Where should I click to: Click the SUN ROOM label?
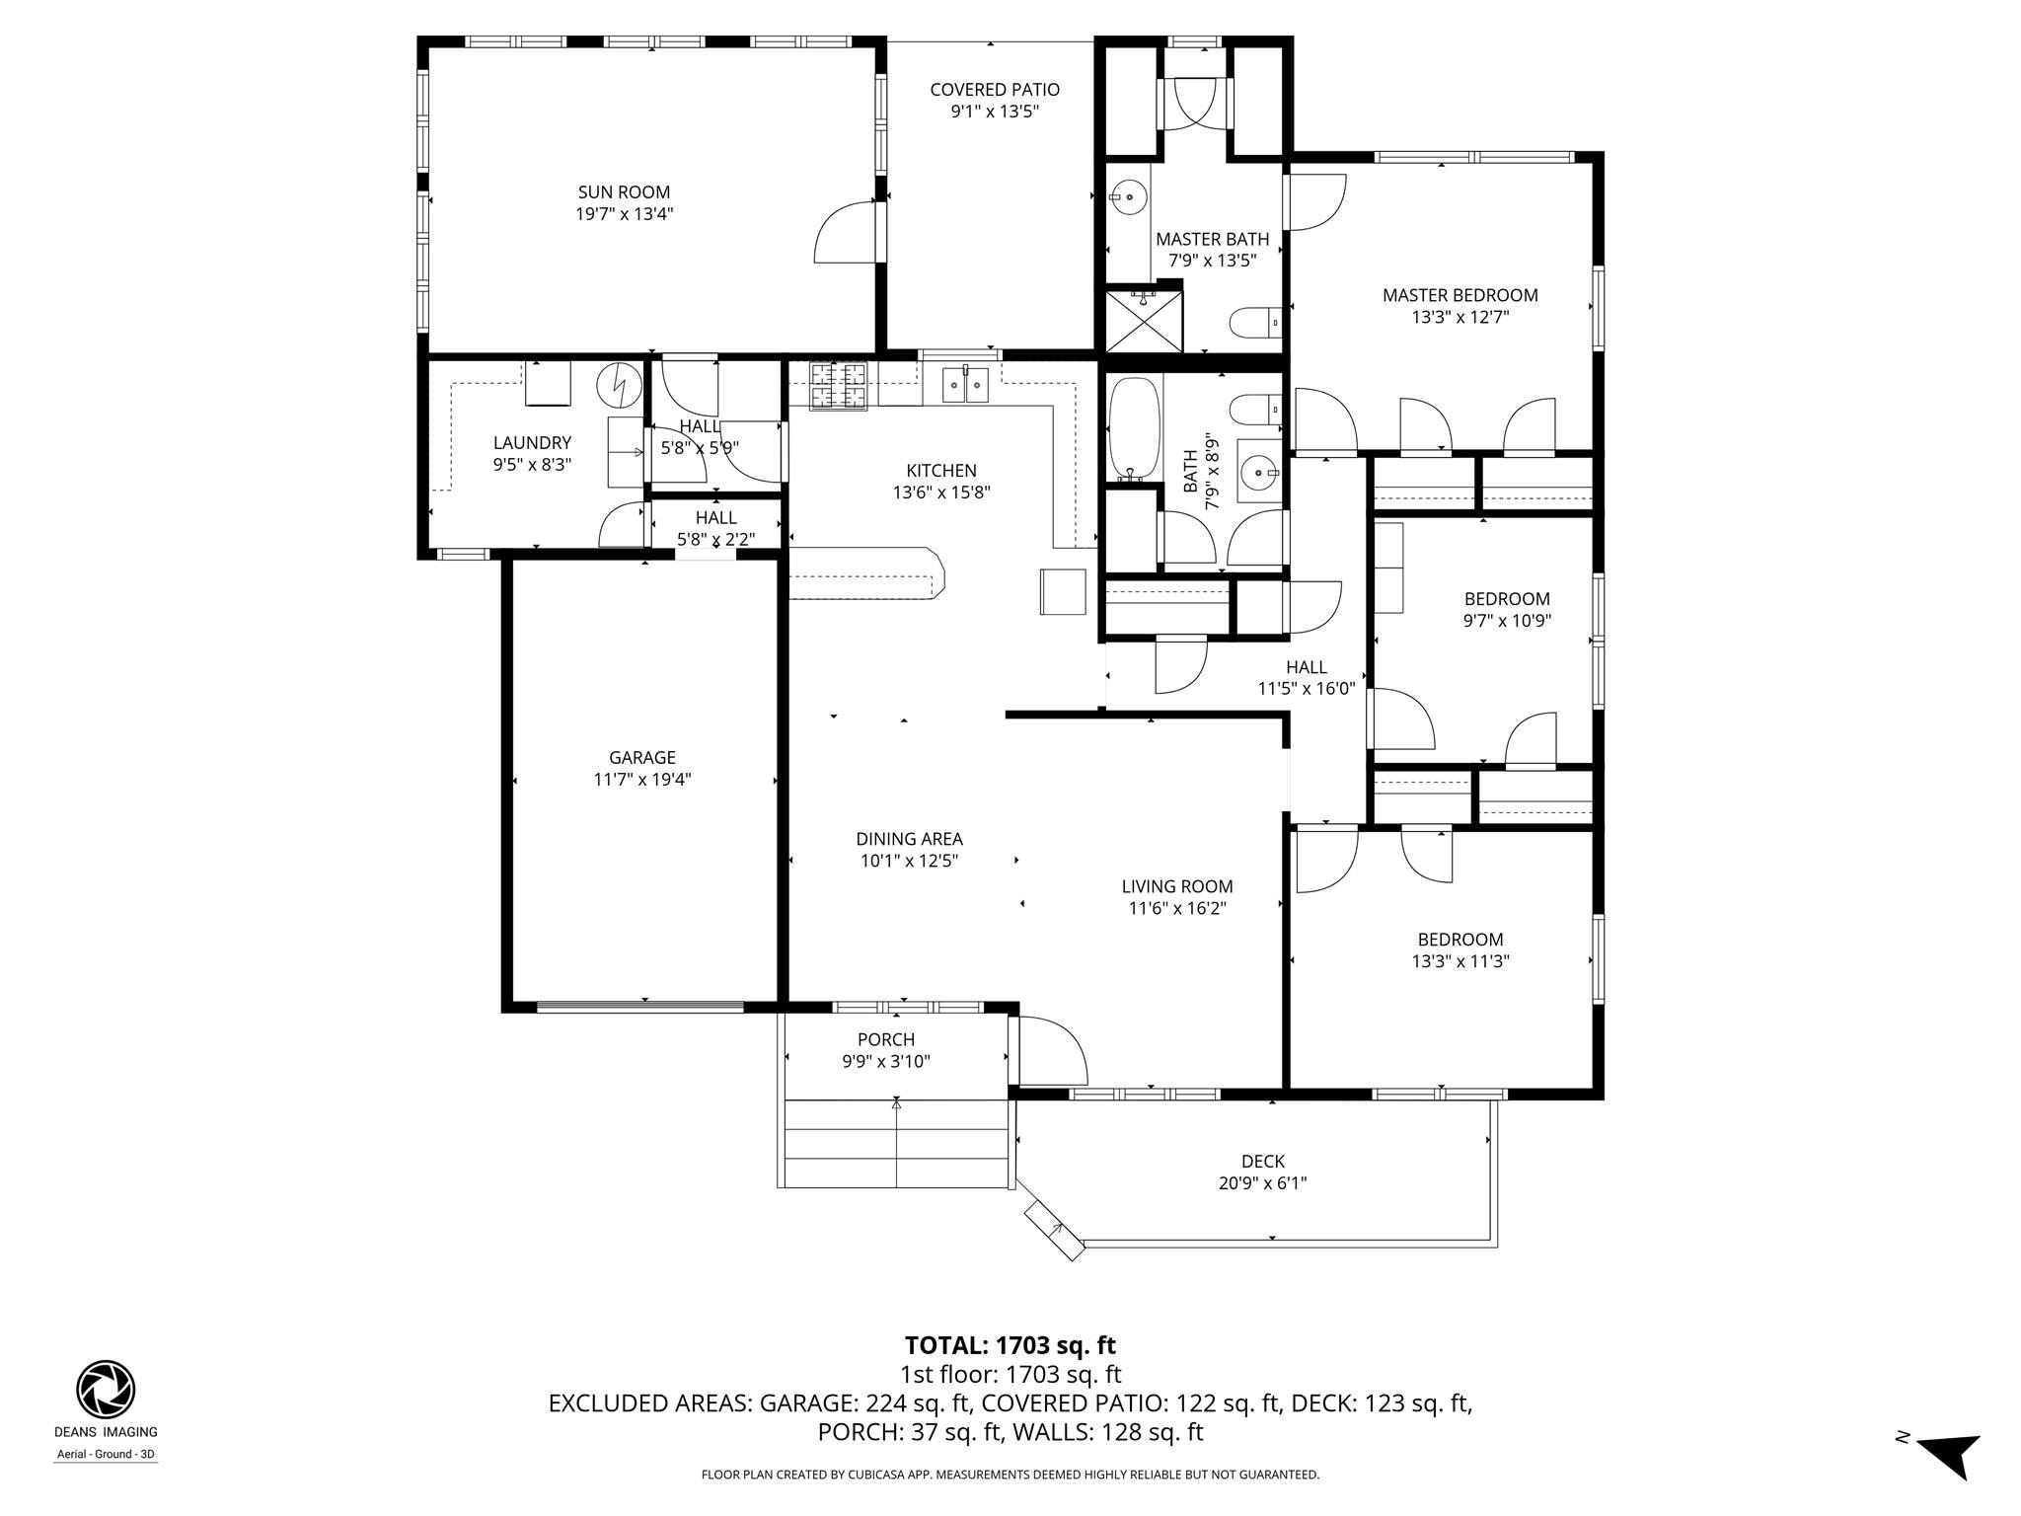624,192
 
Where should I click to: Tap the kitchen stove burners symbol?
838,385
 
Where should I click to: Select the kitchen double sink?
965,384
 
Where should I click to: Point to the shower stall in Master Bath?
1143,318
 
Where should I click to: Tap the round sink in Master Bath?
1127,197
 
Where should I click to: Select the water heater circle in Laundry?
620,386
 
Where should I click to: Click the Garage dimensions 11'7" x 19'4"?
641,779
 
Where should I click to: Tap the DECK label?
1262,1162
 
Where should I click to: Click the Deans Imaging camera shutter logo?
106,1390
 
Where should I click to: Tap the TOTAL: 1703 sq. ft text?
1010,1345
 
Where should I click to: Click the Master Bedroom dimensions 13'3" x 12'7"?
1460,317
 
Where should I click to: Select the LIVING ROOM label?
1176,886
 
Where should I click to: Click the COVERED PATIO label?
994,90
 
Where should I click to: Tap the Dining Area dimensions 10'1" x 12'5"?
909,861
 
